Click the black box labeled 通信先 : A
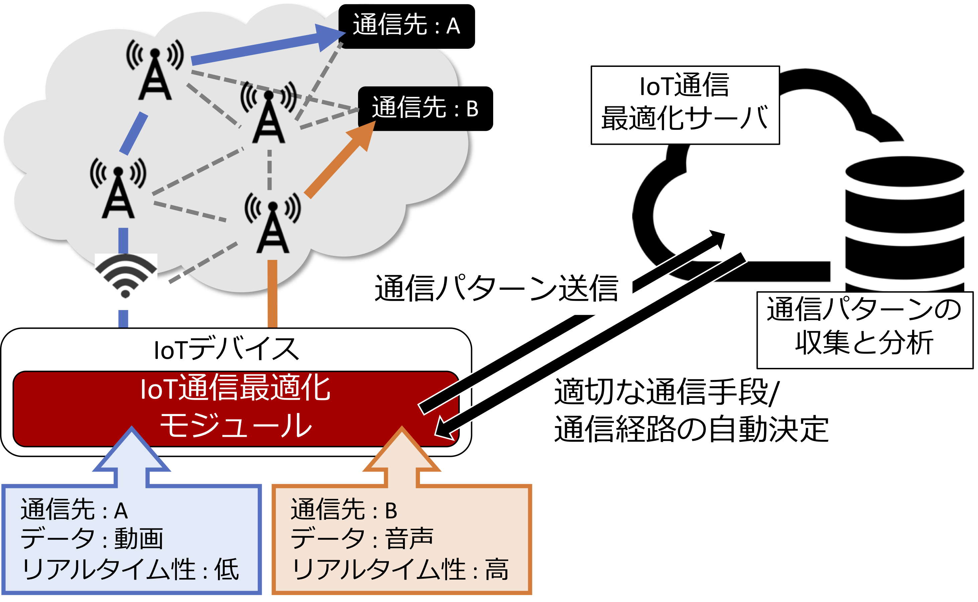click(406, 26)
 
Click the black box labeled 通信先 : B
click(425, 108)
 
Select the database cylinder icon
click(904, 223)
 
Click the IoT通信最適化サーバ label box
click(685, 105)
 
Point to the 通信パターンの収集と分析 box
click(864, 330)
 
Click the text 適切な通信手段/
click(667, 392)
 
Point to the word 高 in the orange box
click(497, 569)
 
